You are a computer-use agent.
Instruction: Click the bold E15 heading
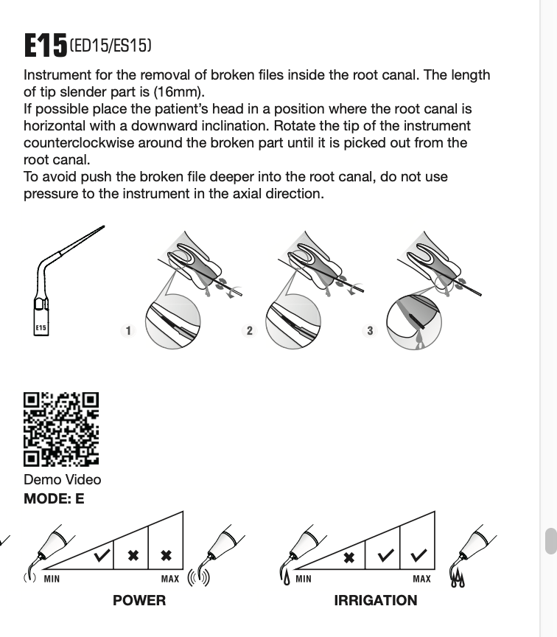(45, 46)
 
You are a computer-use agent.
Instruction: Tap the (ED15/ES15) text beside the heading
(111, 46)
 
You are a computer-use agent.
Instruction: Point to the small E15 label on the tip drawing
(41, 328)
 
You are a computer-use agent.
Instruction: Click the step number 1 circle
(128, 330)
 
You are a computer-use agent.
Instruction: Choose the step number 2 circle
(249, 330)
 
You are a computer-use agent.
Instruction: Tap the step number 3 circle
(370, 330)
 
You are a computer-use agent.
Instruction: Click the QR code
(61, 429)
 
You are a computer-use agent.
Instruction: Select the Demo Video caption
(63, 479)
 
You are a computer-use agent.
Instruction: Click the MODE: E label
(54, 498)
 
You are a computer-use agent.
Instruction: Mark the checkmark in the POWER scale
(102, 555)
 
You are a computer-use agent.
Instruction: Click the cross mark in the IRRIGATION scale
(350, 557)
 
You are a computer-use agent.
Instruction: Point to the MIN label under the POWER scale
(52, 579)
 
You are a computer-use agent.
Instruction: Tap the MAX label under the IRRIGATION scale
(421, 579)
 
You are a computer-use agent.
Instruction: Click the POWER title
(139, 600)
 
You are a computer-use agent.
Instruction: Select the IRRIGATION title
(376, 600)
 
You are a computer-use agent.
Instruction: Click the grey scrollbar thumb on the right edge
(550, 540)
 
